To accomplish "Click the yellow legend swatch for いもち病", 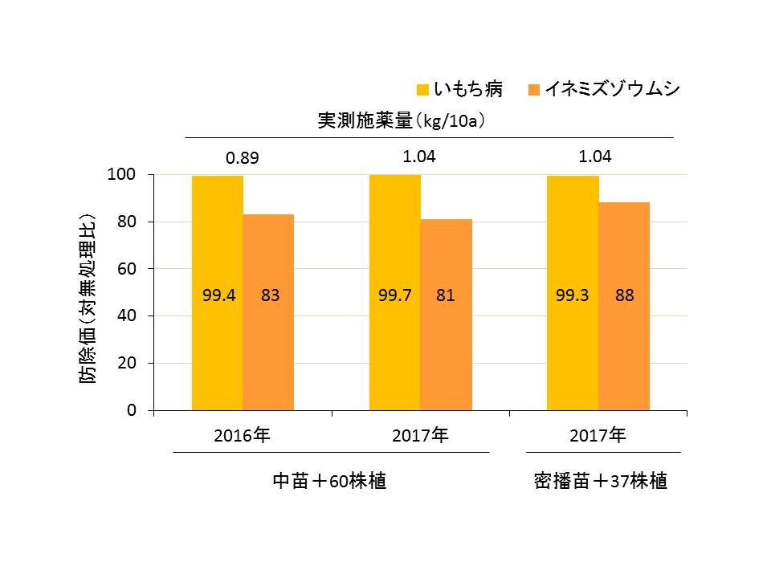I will (x=422, y=89).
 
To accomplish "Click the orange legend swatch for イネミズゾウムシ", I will (x=534, y=89).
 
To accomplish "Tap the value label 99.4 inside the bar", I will (x=218, y=295).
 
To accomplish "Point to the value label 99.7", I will (x=395, y=295).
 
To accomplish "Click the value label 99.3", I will (x=573, y=295).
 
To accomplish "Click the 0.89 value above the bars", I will (x=242, y=158).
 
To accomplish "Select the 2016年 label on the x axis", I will (x=242, y=437).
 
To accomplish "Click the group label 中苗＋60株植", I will (x=329, y=482).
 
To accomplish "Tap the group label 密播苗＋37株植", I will (x=601, y=482).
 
